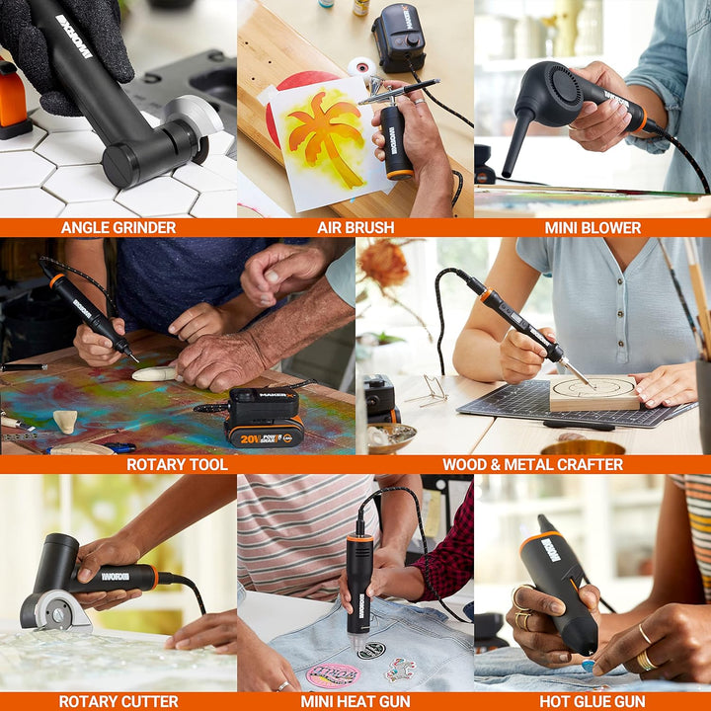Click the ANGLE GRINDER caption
(118, 227)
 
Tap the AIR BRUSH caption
(355, 227)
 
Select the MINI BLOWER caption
(592, 227)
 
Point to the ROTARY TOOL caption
(177, 464)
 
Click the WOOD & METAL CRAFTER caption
(532, 464)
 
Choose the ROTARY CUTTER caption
(118, 701)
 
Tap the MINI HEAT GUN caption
(355, 701)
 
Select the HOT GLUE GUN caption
(592, 701)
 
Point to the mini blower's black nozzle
(516, 143)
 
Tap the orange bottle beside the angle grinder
(13, 99)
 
